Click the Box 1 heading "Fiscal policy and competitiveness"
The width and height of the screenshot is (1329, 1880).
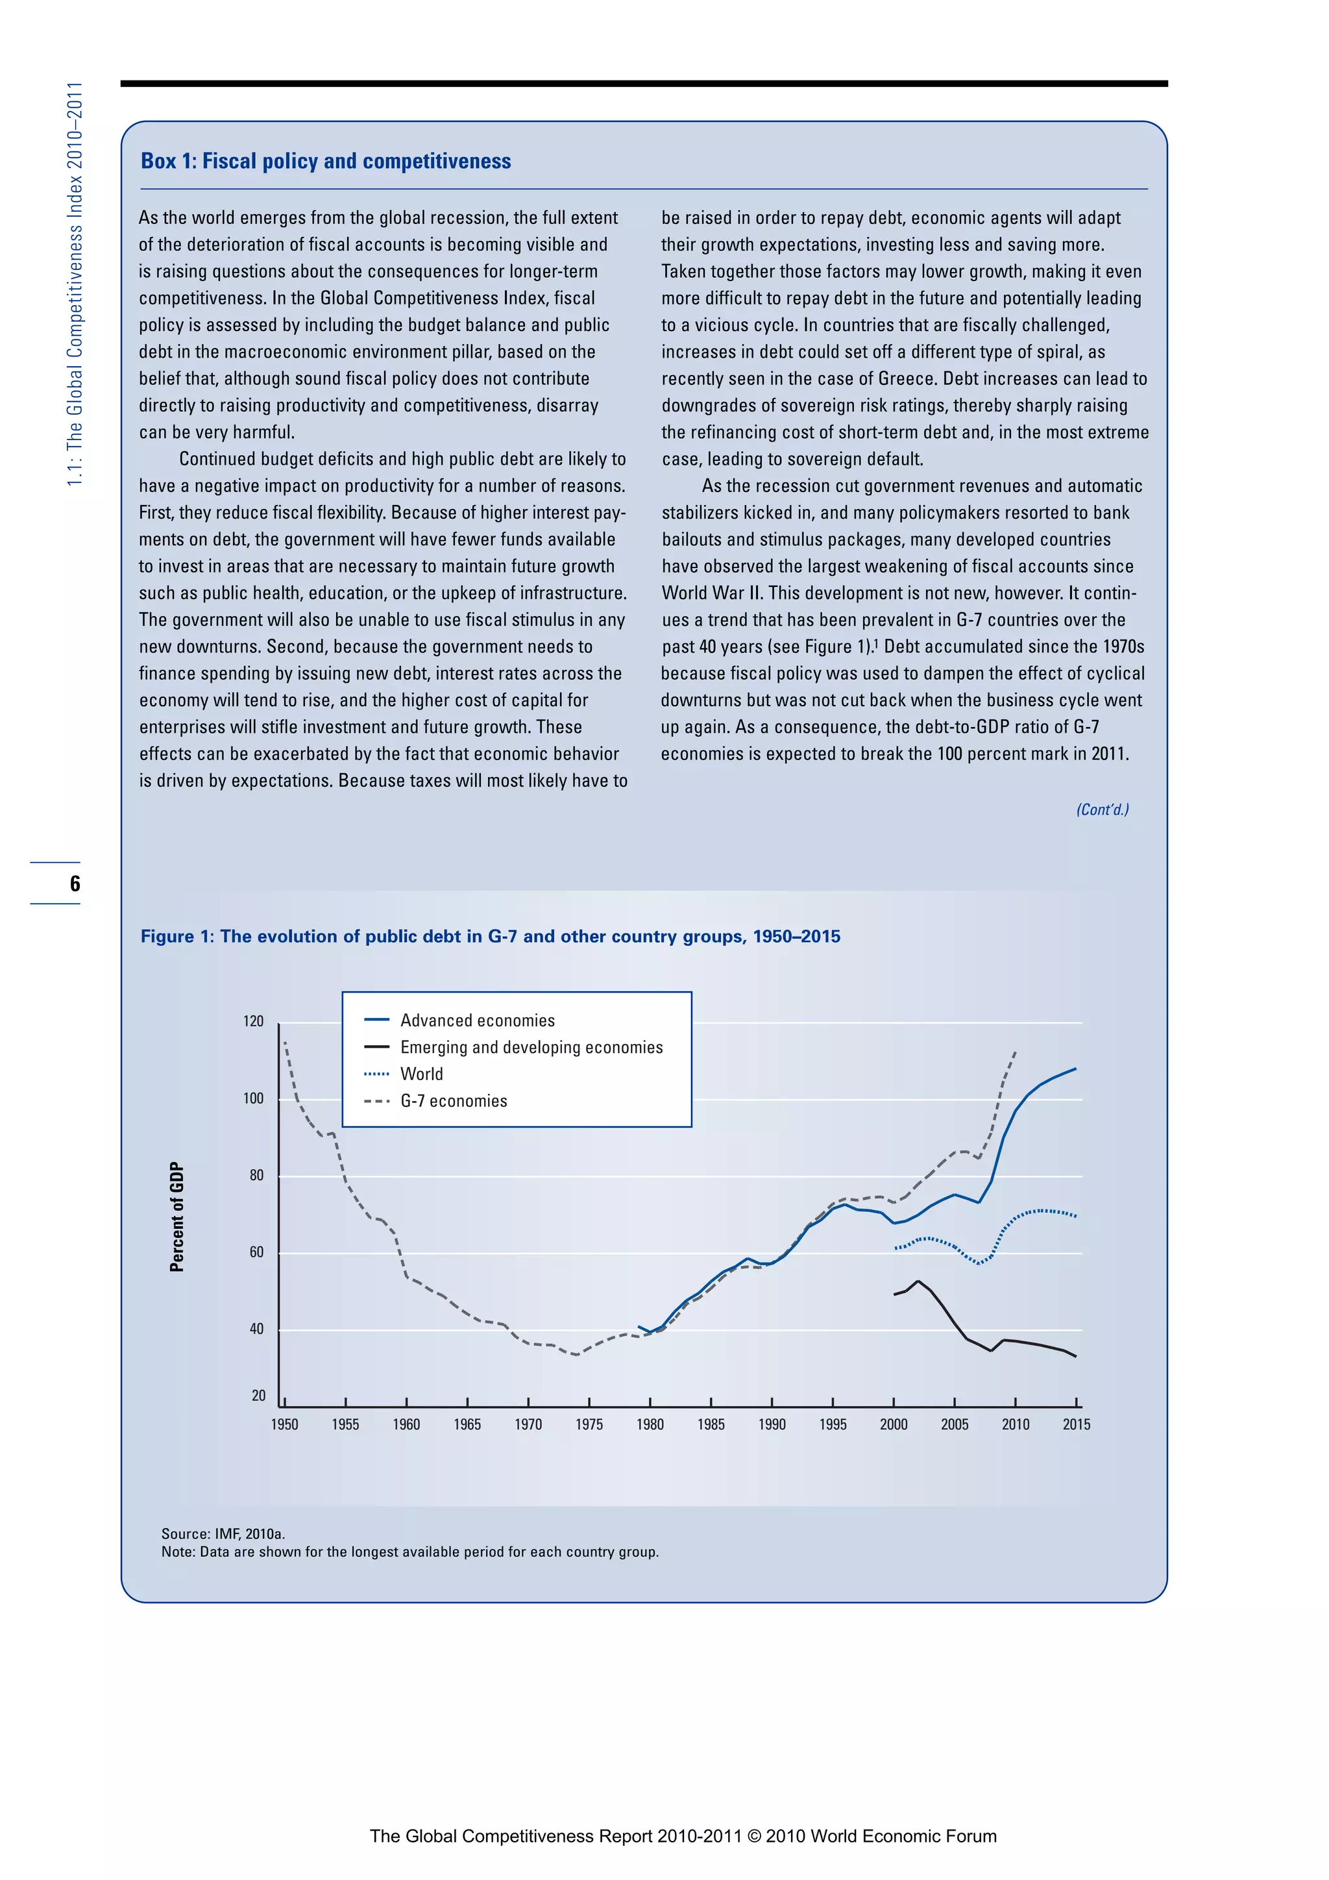point(326,161)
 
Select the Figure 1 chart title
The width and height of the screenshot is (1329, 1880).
point(490,937)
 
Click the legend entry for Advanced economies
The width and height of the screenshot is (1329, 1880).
point(477,1020)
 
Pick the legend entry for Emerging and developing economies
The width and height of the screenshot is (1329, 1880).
point(531,1047)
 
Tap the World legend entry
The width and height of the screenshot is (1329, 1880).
point(421,1074)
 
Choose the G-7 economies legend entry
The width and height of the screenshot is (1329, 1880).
point(454,1101)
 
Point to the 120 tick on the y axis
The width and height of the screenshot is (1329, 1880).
point(254,1021)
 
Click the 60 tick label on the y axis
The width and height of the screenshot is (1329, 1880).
point(256,1252)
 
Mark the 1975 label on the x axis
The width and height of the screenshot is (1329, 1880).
point(589,1425)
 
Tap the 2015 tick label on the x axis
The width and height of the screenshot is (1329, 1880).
point(1076,1425)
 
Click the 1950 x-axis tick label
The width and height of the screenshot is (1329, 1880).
point(285,1425)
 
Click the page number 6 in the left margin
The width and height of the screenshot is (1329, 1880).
point(75,884)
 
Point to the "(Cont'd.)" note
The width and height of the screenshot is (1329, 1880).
point(1103,810)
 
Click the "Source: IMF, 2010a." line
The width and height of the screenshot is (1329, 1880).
point(223,1533)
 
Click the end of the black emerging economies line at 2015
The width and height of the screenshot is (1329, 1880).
point(1075,1357)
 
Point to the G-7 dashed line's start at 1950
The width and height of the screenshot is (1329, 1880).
point(285,1043)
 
